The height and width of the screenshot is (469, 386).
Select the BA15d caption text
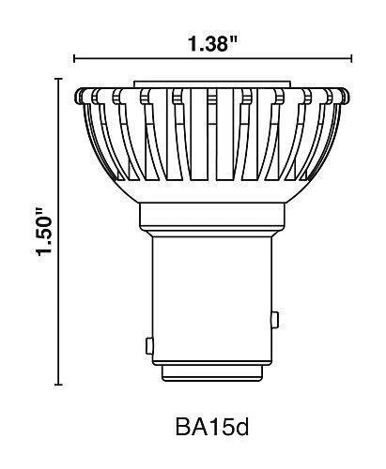212,428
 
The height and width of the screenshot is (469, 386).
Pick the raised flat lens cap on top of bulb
212,84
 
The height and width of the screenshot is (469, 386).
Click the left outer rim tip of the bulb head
75,96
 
